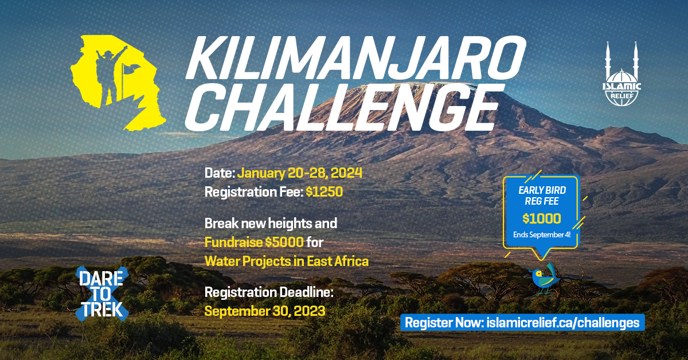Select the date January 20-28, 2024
299,173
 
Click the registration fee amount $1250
324,192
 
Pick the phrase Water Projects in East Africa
286,261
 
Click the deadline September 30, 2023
265,311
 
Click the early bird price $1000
541,218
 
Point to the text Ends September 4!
541,235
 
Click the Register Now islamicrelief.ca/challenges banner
522,322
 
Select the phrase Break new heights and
271,222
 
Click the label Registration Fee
253,192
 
